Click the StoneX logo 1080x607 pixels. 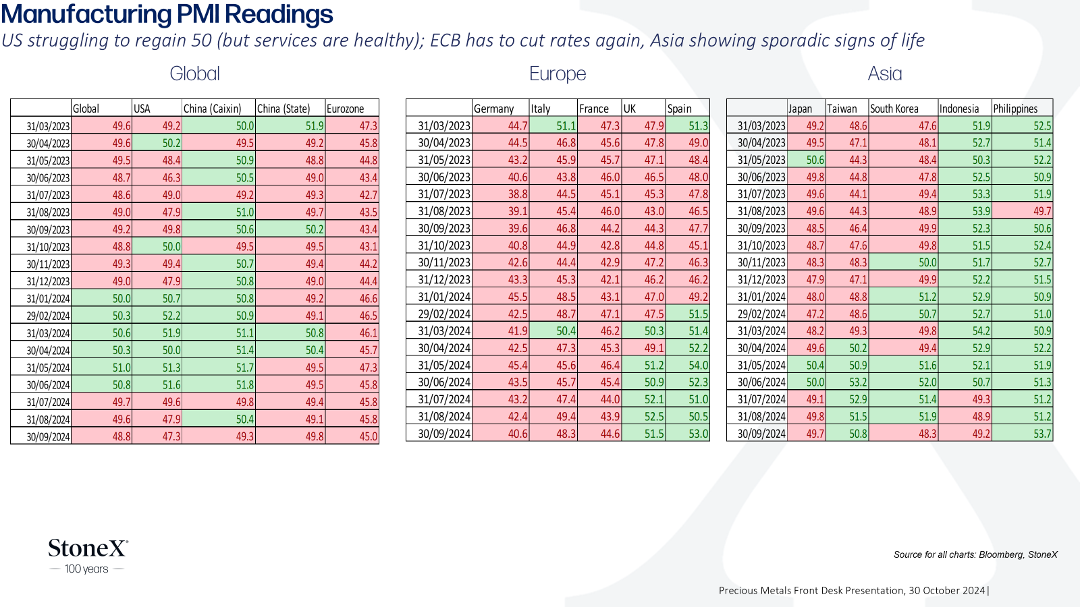click(88, 556)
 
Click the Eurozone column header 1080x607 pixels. click(345, 109)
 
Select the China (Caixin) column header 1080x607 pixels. click(212, 109)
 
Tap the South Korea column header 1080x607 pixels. click(894, 109)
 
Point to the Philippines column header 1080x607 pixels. click(1015, 109)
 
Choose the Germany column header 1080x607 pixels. click(493, 109)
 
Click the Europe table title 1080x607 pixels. click(558, 74)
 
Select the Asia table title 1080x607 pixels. click(885, 74)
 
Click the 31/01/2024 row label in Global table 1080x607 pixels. click(48, 299)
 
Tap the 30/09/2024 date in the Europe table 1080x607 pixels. click(444, 434)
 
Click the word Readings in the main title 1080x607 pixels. click(279, 14)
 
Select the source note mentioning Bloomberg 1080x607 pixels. click(975, 554)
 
